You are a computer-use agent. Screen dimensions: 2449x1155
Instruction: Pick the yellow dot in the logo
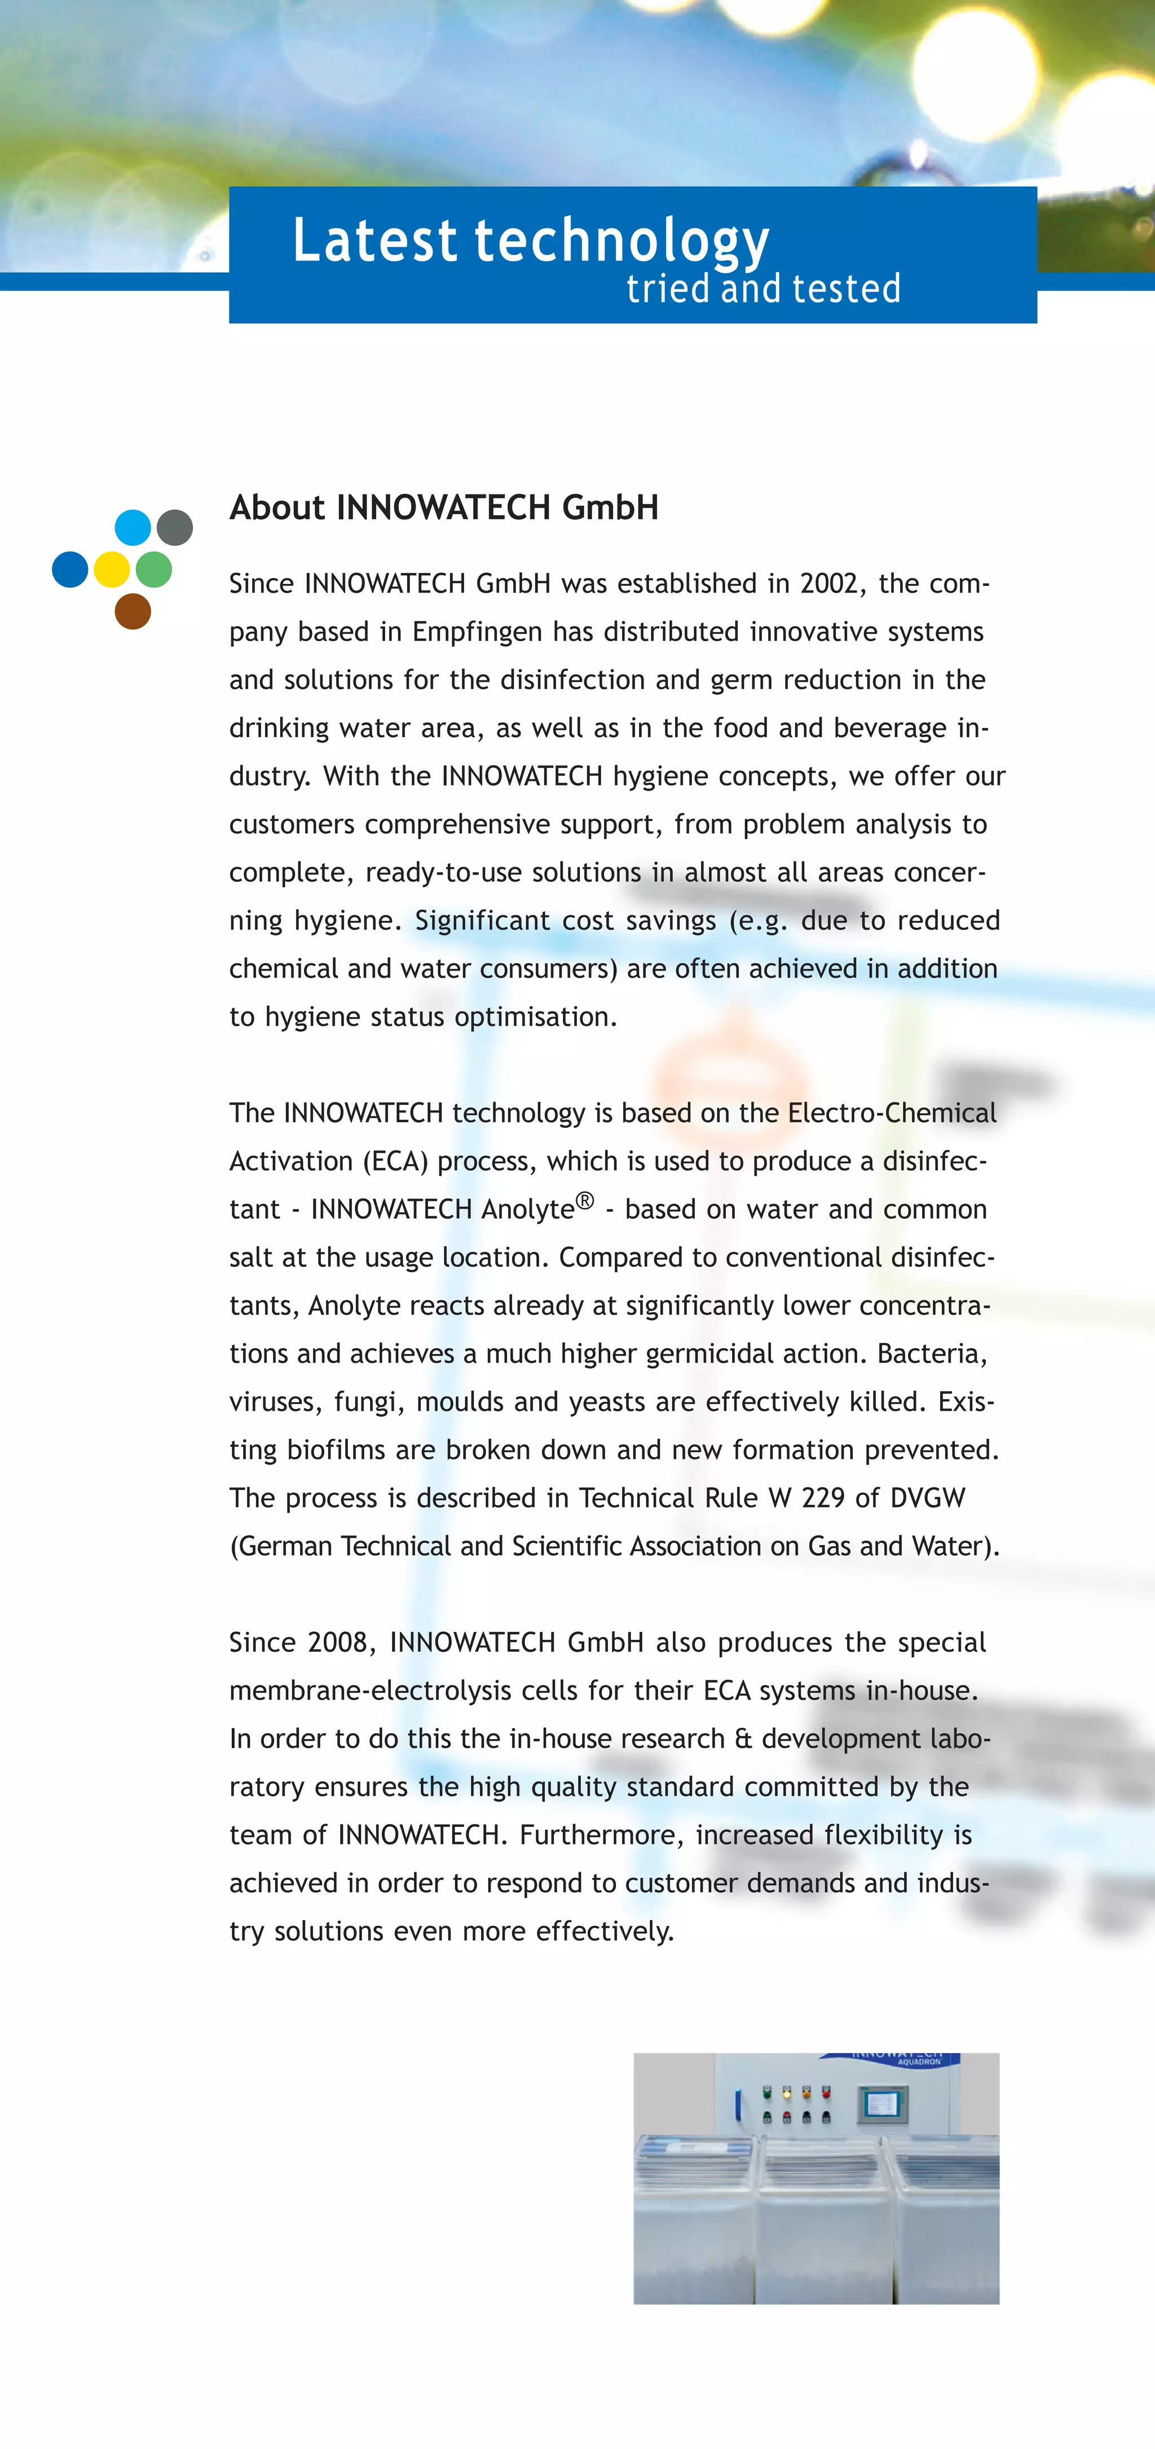[x=112, y=570]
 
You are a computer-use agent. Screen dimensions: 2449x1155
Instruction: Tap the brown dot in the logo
[x=133, y=611]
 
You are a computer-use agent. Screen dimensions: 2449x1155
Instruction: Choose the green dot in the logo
[x=154, y=570]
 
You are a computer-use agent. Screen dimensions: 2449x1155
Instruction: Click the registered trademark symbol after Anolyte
[x=585, y=1200]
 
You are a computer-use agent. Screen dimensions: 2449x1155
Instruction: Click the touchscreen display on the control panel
[x=883, y=2105]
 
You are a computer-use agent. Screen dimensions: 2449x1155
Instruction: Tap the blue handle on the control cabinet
[x=738, y=2105]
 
